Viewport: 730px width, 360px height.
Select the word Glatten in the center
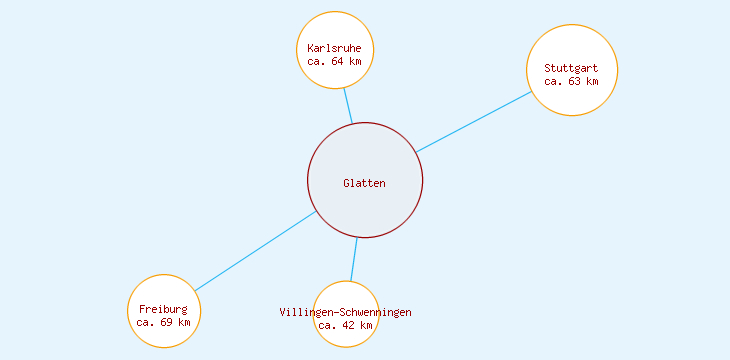364,183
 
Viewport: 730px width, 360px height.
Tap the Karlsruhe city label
335,48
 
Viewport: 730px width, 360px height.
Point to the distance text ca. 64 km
335,61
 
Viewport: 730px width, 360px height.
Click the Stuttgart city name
571,68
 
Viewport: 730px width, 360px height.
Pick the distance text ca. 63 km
571,81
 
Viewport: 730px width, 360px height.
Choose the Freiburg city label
163,309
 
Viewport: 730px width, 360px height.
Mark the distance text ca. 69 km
163,322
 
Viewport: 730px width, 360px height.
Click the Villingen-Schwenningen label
345,312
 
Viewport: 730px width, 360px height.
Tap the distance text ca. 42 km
345,325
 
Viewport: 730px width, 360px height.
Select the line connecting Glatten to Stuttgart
472,122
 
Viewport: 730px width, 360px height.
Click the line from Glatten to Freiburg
255,251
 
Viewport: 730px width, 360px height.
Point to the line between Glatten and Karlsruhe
348,106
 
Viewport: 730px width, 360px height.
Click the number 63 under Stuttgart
574,81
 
